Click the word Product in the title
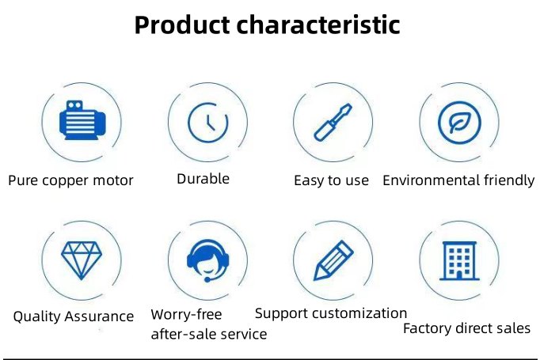(182, 25)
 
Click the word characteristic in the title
(318, 25)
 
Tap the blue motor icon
(82, 120)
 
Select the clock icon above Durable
(208, 122)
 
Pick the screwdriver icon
(333, 122)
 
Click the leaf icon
(459, 122)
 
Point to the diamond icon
(82, 260)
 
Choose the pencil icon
(333, 260)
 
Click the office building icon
(459, 260)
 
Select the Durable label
(203, 179)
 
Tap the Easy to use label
(331, 180)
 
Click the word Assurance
(99, 316)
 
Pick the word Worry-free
(186, 315)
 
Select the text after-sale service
(209, 334)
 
